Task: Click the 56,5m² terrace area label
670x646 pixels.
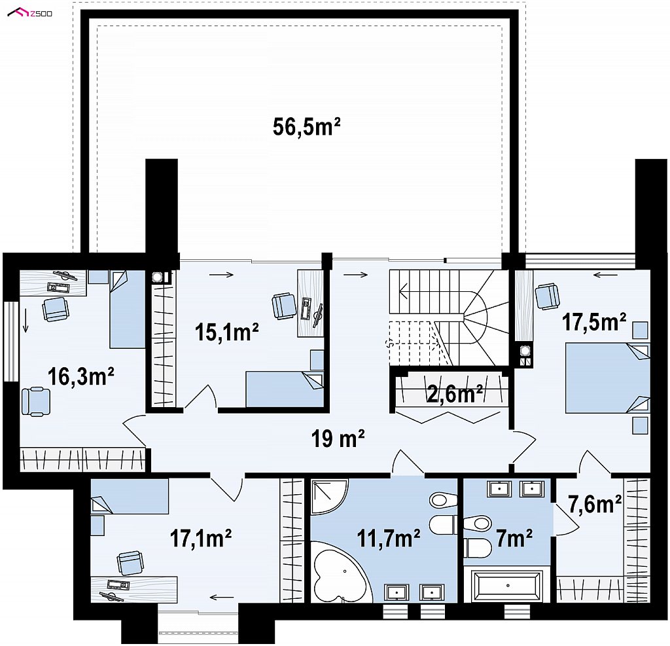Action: [x=306, y=127]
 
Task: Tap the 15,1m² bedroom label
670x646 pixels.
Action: [x=226, y=332]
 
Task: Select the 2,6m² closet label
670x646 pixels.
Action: [x=455, y=394]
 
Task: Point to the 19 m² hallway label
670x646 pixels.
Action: [x=338, y=439]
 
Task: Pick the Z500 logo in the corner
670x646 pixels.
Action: [x=30, y=13]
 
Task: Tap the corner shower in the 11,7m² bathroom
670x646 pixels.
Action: [x=330, y=496]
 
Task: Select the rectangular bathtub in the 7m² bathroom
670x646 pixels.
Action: [x=507, y=586]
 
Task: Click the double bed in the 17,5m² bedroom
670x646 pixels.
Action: [x=607, y=378]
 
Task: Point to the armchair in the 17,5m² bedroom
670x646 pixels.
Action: [x=548, y=296]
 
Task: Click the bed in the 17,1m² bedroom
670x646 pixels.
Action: [x=130, y=496]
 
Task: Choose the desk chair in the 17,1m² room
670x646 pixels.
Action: [x=130, y=563]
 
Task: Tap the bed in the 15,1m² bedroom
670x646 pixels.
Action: [x=285, y=389]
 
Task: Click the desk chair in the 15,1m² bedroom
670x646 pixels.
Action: [x=284, y=306]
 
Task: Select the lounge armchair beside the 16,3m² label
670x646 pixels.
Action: [x=36, y=401]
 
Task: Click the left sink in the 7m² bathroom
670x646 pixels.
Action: [x=499, y=489]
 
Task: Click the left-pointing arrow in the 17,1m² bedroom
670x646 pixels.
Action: [x=222, y=598]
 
